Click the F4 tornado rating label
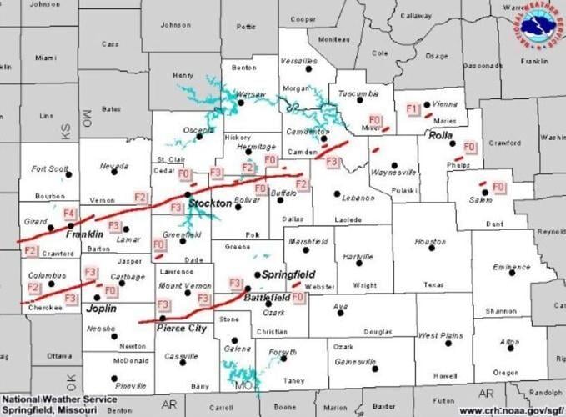69,214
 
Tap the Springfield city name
288,274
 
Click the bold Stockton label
210,203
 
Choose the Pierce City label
182,329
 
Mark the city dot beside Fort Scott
69,175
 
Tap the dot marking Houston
432,246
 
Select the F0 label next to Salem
499,186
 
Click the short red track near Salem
482,183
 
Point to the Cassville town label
182,355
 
